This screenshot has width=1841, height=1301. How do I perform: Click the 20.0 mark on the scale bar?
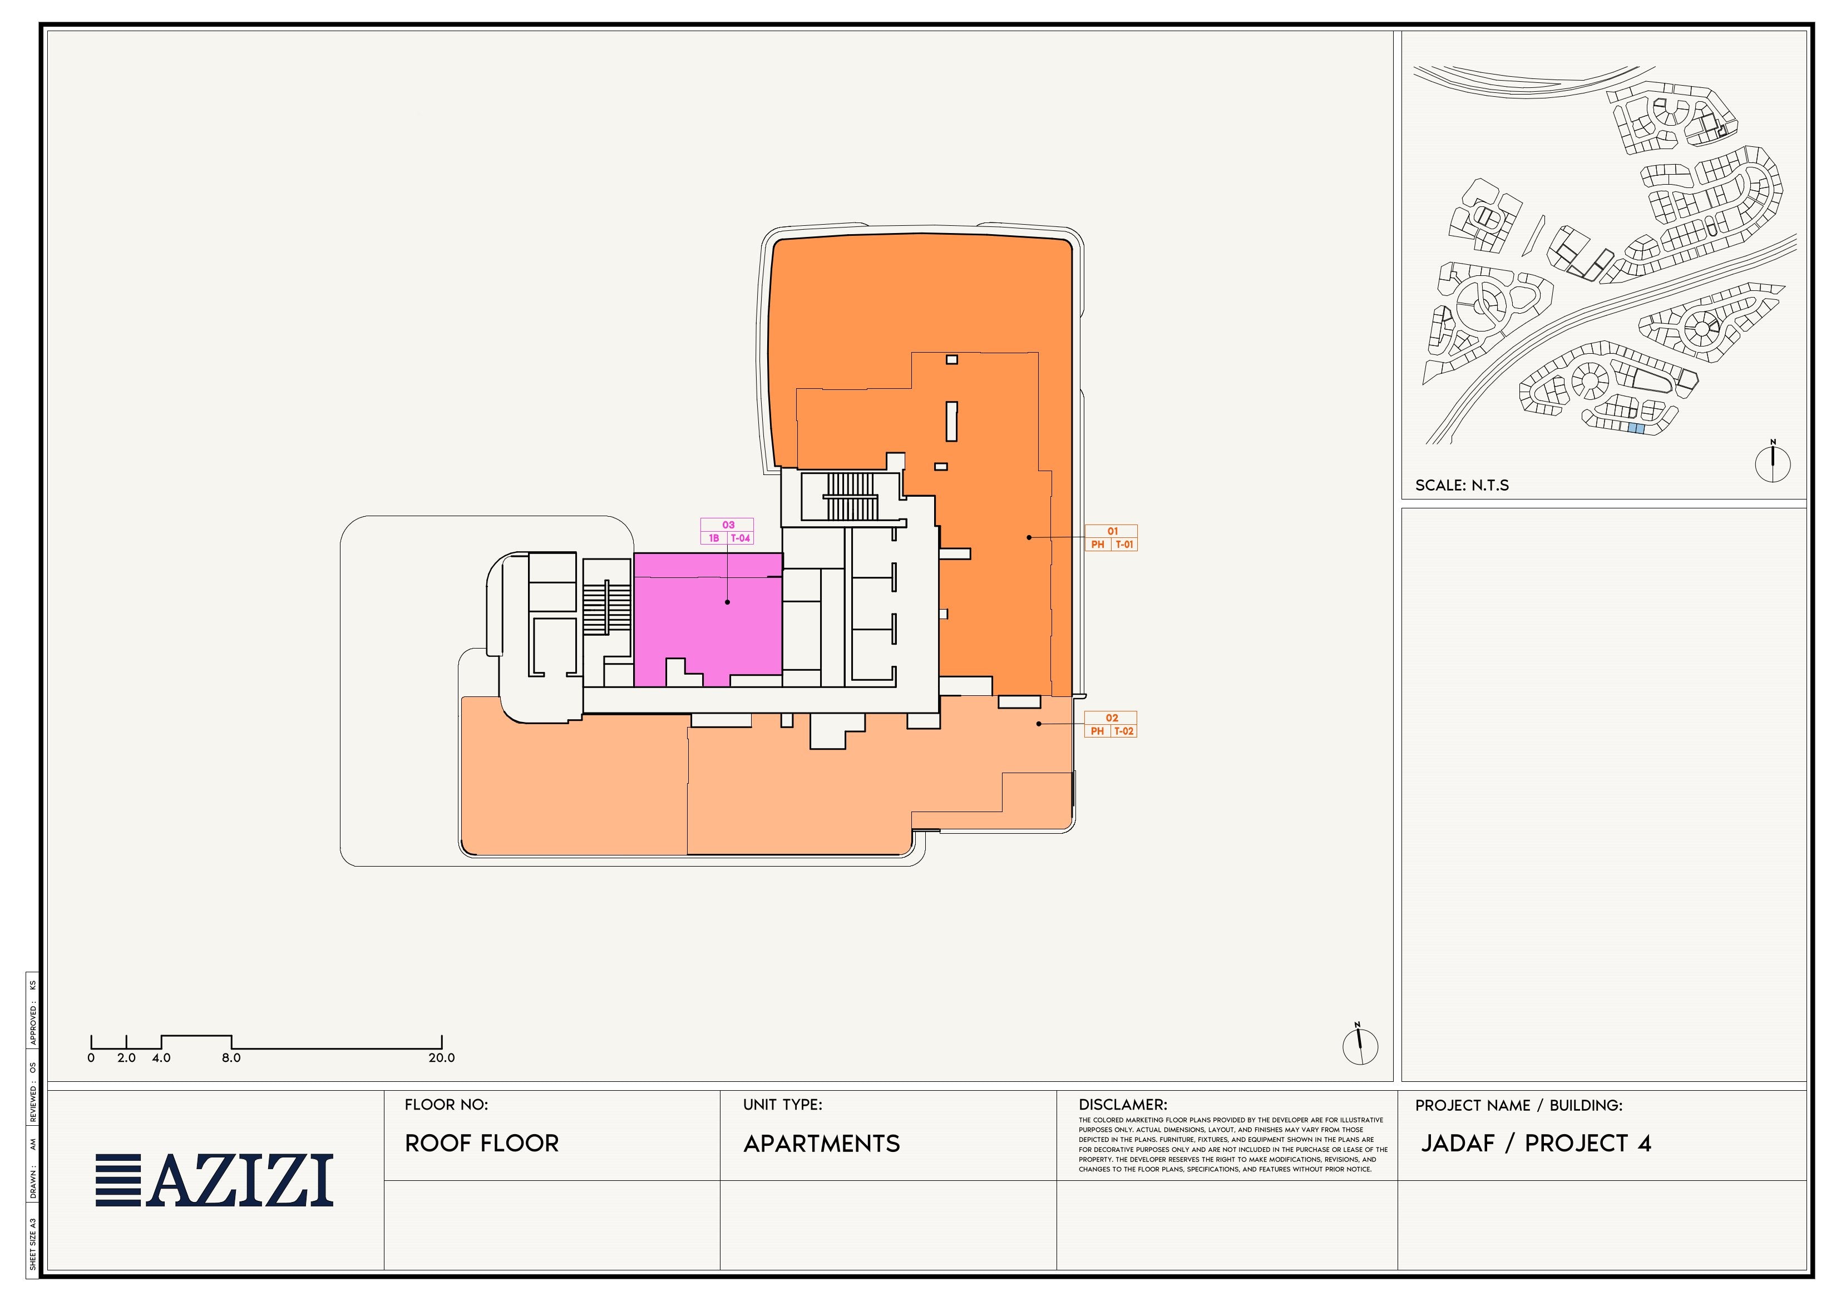coord(441,1057)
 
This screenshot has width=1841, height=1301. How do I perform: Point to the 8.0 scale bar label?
coord(231,1057)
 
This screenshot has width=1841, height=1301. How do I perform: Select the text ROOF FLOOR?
coord(481,1143)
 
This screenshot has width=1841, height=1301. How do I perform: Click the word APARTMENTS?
coord(821,1144)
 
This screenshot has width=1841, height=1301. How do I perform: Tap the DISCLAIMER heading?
coord(1123,1105)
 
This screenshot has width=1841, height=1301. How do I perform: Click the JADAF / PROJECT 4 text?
coord(1536,1143)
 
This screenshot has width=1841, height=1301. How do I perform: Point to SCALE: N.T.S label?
coord(1462,485)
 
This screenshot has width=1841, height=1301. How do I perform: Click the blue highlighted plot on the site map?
coord(1636,429)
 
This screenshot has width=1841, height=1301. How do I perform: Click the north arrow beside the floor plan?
coord(1360,1045)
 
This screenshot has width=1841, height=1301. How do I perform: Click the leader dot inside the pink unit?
coord(727,602)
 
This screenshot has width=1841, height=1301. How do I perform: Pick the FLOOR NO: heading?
coord(446,1105)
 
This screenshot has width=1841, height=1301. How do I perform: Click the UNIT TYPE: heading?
coord(782,1105)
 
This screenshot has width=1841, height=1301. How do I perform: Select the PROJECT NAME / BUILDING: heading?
coord(1519,1105)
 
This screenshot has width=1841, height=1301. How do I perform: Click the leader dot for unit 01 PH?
coord(1029,537)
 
